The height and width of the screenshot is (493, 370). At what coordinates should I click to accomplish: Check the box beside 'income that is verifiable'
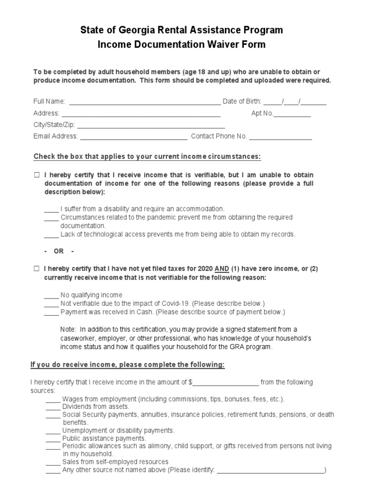pos(37,175)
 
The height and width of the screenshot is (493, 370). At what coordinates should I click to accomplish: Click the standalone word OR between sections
pos(59,252)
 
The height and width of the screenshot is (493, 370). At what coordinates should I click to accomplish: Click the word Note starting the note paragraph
pos(68,329)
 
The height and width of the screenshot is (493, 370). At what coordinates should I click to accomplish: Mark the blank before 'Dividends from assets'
pos(53,407)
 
